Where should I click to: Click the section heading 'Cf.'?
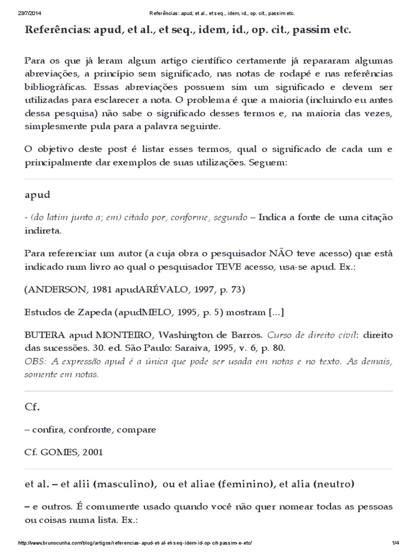(x=33, y=406)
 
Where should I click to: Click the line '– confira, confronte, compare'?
(x=90, y=429)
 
